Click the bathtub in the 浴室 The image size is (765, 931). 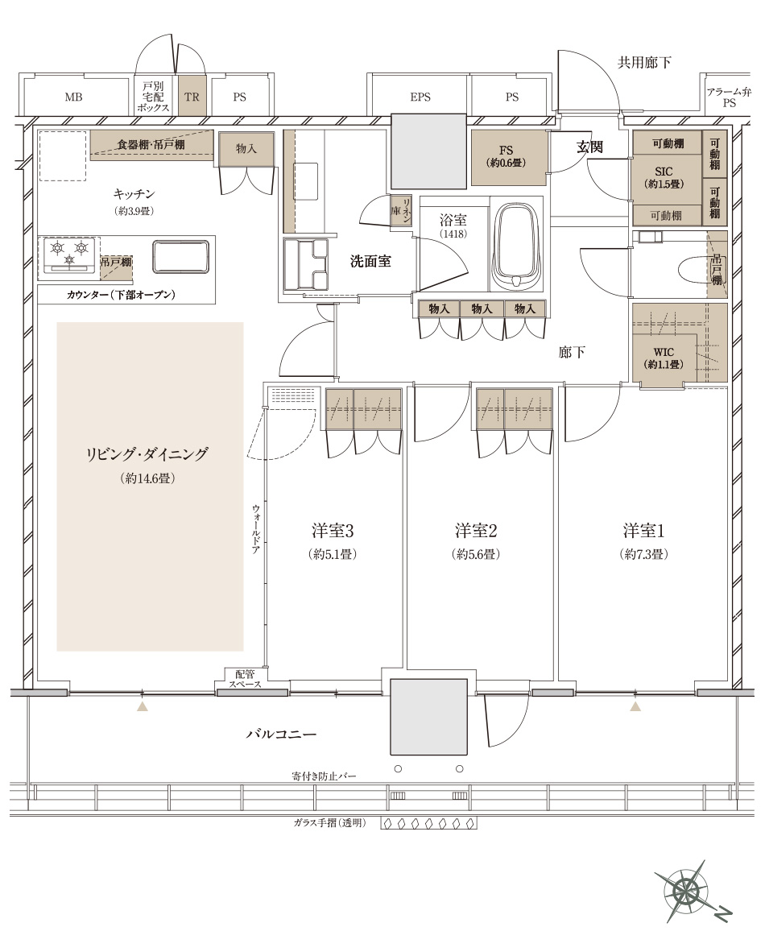click(x=517, y=246)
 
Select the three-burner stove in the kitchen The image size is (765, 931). click(x=68, y=254)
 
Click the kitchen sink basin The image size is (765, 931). click(x=180, y=256)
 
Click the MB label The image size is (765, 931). click(x=73, y=97)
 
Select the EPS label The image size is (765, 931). click(x=420, y=97)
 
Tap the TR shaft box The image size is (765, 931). click(x=192, y=96)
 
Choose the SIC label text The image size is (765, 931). click(x=664, y=172)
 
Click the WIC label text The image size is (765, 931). click(x=664, y=352)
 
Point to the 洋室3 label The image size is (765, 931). click(x=333, y=530)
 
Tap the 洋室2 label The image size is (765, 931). click(x=476, y=530)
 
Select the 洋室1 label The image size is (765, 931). click(x=644, y=530)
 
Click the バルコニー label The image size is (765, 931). click(x=281, y=734)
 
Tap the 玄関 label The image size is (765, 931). click(x=589, y=147)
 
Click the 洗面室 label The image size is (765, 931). click(x=370, y=261)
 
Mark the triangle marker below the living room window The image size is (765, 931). click(x=142, y=706)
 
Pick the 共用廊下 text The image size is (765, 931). click(x=644, y=62)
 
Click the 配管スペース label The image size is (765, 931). click(x=245, y=679)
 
